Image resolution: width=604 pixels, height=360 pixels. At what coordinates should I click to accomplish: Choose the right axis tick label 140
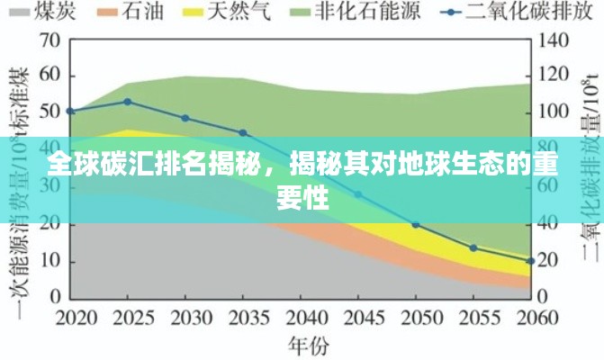tap(552, 40)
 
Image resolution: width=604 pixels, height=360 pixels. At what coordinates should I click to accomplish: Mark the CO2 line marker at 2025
tap(128, 102)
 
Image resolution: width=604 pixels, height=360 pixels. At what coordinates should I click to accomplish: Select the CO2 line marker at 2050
tap(416, 224)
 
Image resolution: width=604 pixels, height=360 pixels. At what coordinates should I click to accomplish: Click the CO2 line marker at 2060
tap(530, 261)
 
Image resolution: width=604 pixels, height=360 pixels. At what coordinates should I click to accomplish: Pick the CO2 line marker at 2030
tap(185, 118)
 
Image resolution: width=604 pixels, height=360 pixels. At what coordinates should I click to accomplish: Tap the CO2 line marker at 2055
tap(473, 247)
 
